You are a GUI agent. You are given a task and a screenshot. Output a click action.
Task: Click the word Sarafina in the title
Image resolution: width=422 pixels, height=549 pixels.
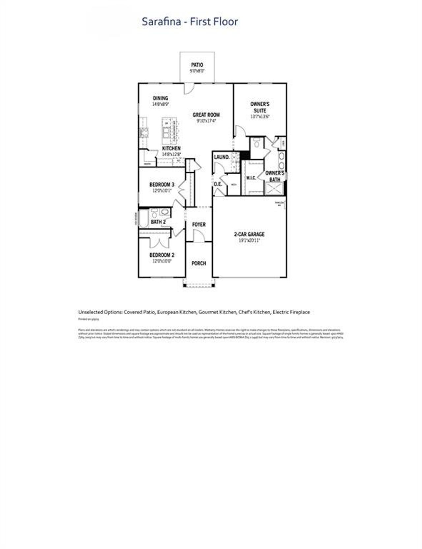coord(161,22)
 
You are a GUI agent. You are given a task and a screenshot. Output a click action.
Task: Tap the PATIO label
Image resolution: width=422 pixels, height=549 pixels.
coord(197,65)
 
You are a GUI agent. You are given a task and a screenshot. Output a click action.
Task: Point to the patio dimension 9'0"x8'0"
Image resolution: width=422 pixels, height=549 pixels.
coord(197,71)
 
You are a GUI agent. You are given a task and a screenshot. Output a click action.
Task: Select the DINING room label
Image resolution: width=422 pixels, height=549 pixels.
coord(161,98)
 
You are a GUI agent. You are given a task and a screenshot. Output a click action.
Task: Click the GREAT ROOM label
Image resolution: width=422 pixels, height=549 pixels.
coord(206,115)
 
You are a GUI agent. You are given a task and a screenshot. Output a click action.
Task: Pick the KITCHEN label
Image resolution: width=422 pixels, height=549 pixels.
coord(171,149)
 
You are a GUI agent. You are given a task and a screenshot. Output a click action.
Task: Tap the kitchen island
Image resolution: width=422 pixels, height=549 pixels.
coord(170,129)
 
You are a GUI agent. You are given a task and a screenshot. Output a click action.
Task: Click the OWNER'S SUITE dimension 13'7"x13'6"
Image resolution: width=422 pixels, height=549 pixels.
coord(260,117)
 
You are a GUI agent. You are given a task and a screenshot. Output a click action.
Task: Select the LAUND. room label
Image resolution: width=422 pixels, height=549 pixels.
coord(222,157)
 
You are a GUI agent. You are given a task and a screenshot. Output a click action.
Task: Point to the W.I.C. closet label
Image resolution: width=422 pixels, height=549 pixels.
coord(251,178)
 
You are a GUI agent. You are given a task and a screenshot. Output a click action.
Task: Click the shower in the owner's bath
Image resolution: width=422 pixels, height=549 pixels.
coord(274,189)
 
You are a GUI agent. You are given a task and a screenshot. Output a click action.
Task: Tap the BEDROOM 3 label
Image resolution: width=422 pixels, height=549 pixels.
coord(162,185)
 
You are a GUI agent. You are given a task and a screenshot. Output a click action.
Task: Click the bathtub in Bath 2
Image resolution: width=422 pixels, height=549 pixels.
coord(144,219)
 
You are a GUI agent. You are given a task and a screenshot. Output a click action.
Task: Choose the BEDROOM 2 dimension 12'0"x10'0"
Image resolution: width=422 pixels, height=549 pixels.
coord(162,261)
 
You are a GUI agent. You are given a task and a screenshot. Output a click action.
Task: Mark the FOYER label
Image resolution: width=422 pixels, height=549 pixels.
coord(199,224)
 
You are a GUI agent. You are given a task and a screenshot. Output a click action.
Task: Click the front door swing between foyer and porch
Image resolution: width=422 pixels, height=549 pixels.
coord(198,236)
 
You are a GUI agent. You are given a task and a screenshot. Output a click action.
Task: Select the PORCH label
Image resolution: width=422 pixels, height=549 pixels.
coord(199,263)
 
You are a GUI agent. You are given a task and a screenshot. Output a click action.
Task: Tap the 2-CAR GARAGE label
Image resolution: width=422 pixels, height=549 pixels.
coord(249,234)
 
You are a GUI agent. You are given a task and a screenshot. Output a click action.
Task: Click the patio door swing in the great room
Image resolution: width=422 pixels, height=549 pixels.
coord(189,88)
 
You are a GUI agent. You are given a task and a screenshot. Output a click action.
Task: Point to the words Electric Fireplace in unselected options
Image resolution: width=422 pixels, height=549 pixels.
coord(291,312)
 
